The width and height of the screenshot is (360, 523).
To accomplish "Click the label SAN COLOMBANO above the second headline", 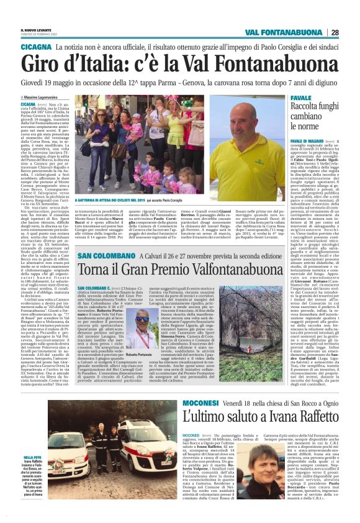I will point(105,255).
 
